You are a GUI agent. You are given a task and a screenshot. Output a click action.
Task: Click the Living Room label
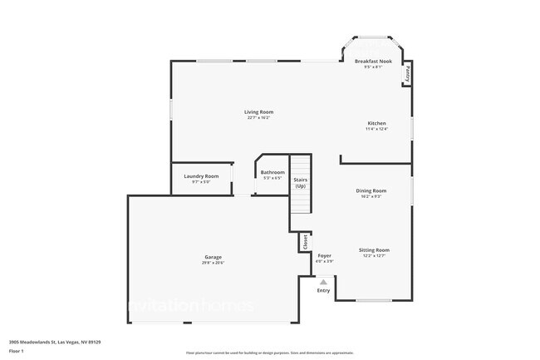click(258, 111)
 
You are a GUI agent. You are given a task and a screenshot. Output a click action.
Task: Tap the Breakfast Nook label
click(373, 62)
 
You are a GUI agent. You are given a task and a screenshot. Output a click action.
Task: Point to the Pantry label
click(408, 74)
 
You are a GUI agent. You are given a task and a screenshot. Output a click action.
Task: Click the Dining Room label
click(371, 190)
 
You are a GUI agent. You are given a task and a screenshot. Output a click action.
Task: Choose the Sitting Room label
click(374, 249)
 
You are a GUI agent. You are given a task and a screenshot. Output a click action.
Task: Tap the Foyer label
click(324, 256)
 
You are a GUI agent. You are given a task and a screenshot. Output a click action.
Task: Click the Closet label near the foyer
click(305, 241)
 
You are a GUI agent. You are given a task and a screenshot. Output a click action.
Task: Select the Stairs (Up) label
click(300, 181)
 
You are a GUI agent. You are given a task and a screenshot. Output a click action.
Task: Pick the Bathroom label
click(272, 172)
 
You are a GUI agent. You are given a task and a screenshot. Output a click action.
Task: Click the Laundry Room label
click(201, 175)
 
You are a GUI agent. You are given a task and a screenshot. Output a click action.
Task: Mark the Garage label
click(213, 257)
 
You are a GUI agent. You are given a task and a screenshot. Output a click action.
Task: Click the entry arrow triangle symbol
click(323, 282)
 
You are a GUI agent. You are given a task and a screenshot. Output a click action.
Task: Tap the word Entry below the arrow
click(323, 290)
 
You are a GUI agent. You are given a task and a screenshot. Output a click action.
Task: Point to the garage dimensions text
click(213, 263)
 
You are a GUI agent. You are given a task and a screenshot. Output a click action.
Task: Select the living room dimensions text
click(258, 117)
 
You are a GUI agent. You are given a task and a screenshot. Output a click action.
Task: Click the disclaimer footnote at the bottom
click(270, 353)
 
